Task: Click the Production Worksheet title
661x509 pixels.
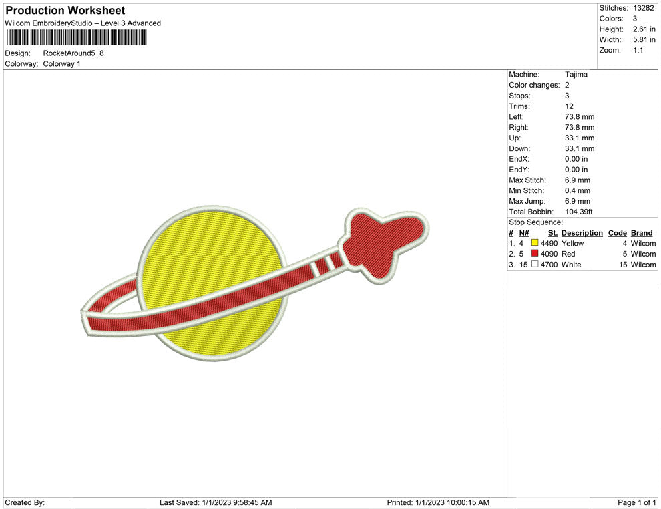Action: tap(65, 11)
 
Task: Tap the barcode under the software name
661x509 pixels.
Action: tap(76, 37)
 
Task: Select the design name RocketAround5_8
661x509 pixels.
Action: tap(73, 53)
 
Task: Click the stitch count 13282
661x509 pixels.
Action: tap(643, 8)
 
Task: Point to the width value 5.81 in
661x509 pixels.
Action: tap(644, 39)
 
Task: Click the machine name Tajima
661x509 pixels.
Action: tap(576, 75)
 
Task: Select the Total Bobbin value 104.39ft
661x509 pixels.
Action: tap(578, 212)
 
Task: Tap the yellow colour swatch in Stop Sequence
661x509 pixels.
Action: tap(535, 243)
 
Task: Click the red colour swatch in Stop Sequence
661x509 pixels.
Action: tap(535, 253)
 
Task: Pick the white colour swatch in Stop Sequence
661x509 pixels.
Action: tap(535, 264)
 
